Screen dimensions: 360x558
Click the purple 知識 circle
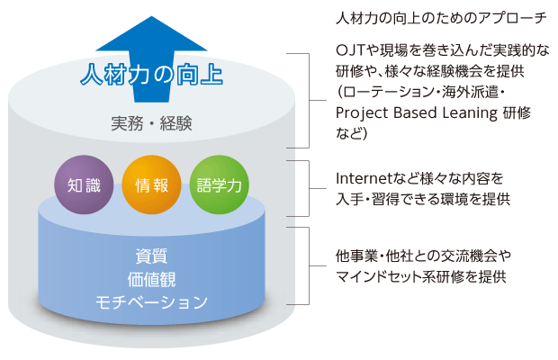[85, 186]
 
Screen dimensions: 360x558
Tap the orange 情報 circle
[151, 186]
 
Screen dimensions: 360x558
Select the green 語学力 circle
[218, 186]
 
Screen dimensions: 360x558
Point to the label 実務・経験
[151, 121]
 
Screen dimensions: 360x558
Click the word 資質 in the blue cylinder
[151, 255]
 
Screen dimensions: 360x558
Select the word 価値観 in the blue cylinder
[151, 277]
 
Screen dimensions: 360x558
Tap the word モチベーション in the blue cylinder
[151, 301]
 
